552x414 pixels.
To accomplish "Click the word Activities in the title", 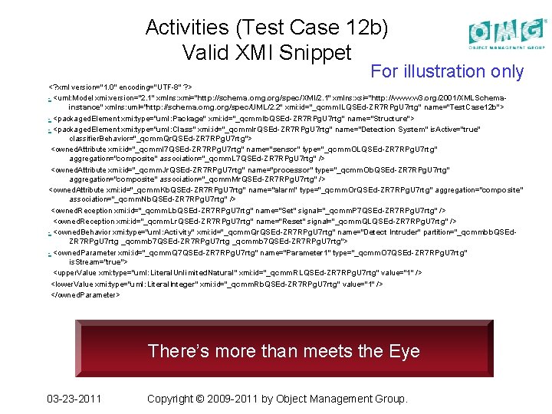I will tap(187, 28).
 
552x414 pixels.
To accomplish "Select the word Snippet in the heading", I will tap(314, 52).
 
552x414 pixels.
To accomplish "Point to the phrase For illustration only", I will tap(447, 72).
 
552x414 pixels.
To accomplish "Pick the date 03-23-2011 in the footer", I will tap(74, 399).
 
